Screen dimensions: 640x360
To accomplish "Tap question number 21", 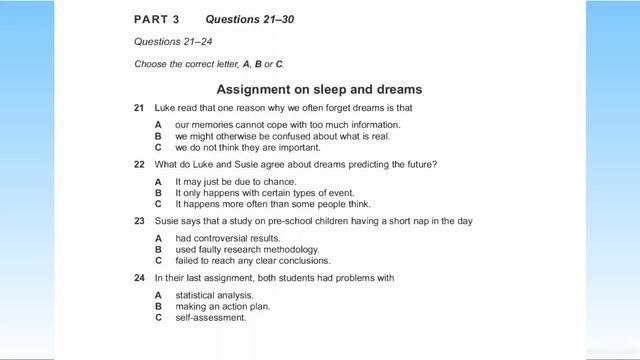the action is (x=139, y=107).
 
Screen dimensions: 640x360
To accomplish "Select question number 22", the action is (x=139, y=163).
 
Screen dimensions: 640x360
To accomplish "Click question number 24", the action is (x=139, y=277).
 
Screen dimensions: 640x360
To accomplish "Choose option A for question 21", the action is (x=158, y=124).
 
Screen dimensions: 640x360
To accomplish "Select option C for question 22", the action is (x=158, y=203).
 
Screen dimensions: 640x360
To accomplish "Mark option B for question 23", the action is (x=158, y=249).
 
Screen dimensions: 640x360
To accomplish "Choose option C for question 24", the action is (x=158, y=317).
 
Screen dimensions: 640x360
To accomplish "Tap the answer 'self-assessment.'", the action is (x=210, y=317).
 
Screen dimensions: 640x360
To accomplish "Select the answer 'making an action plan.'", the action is (x=222, y=306).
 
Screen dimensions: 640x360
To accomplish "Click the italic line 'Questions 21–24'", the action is (x=170, y=42).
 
